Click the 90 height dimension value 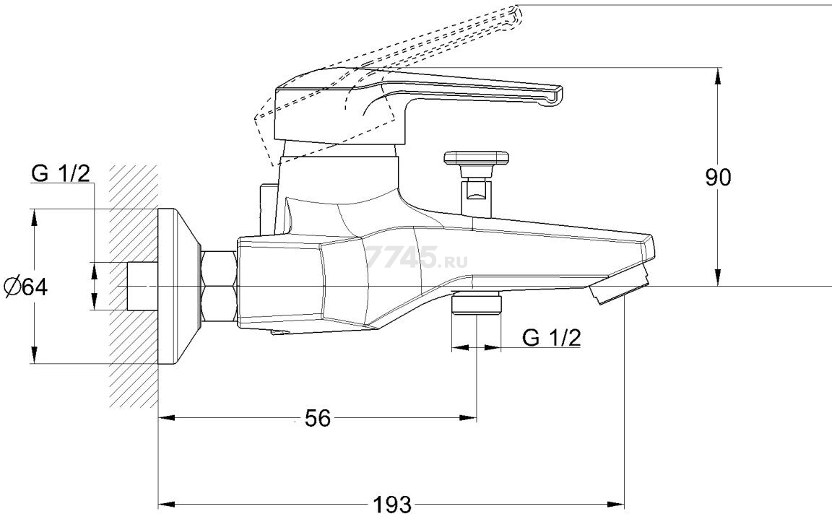click(717, 178)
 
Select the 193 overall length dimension click(392, 503)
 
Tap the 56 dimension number click(317, 419)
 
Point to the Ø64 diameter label click(25, 287)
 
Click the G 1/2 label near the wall click(61, 173)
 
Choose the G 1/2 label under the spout click(551, 337)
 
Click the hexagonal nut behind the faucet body click(219, 287)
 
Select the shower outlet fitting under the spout click(477, 303)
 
